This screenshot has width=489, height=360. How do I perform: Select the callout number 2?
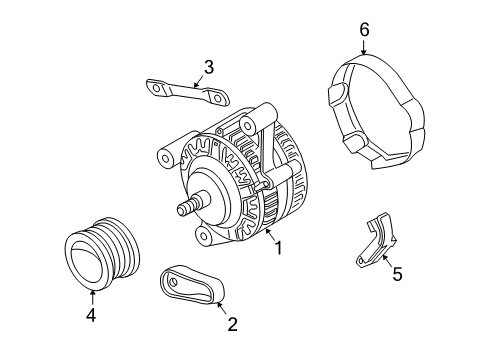point(232,323)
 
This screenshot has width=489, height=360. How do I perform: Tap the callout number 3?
point(208,67)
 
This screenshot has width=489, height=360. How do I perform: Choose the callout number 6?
point(364,31)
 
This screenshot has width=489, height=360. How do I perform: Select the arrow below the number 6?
point(364,47)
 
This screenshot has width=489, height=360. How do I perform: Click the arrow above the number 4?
point(91,295)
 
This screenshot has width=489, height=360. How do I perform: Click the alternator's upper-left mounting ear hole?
point(163,157)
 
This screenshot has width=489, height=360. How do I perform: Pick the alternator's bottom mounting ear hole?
point(204,236)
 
